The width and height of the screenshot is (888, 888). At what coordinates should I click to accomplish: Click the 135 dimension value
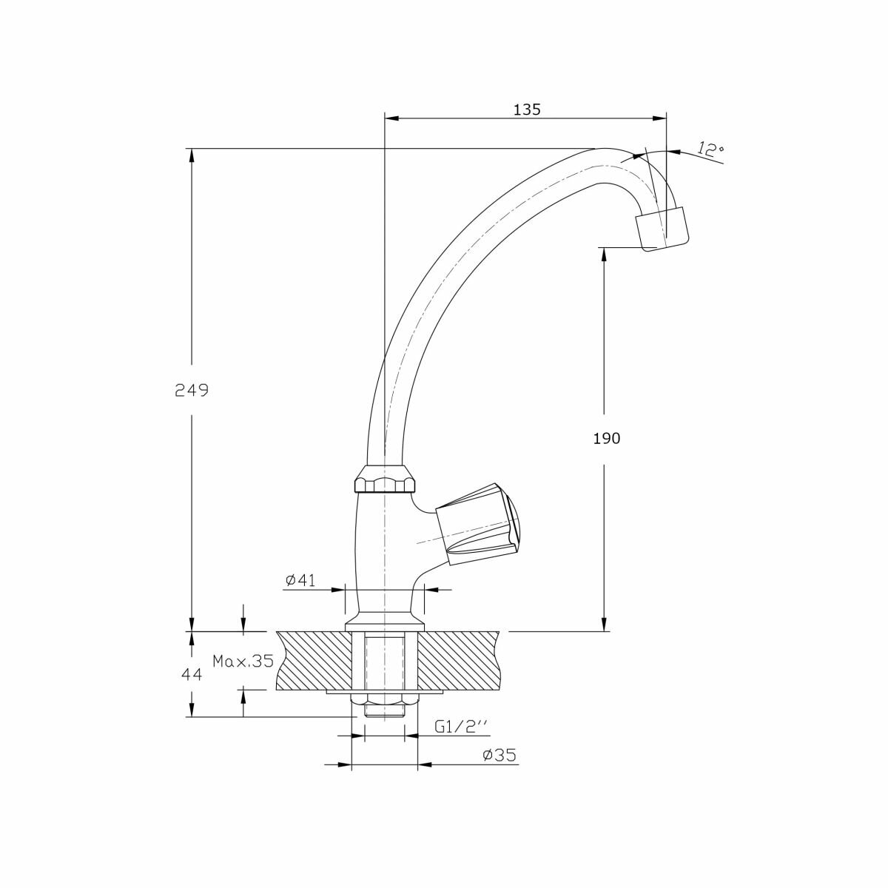[x=527, y=110]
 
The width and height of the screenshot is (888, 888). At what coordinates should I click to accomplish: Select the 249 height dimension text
[x=191, y=391]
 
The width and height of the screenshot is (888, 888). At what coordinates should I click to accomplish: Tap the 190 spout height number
[x=607, y=439]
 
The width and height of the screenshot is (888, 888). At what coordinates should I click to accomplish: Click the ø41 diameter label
[x=300, y=580]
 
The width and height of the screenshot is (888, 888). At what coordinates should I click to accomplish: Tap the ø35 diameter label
[x=499, y=768]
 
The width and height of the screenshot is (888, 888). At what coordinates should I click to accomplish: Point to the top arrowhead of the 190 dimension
[x=604, y=255]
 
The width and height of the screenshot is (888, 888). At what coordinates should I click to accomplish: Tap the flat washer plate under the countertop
[x=384, y=704]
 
